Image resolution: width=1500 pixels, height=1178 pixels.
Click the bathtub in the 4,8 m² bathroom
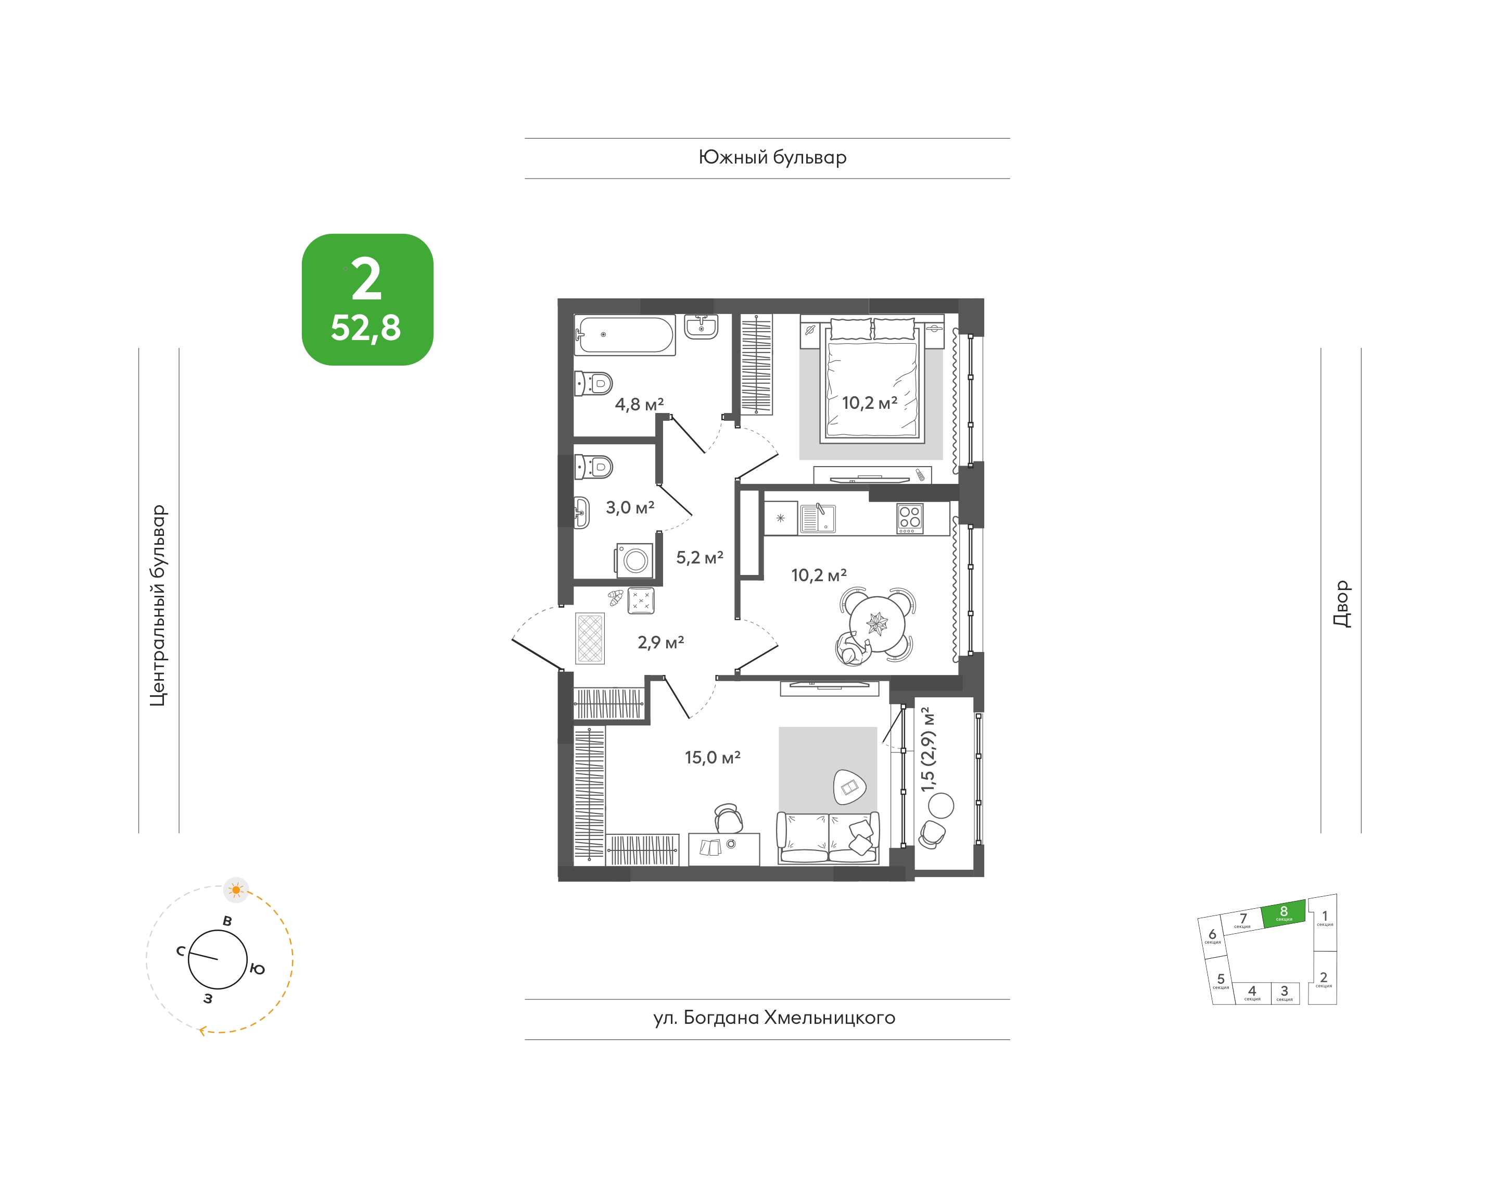(625, 335)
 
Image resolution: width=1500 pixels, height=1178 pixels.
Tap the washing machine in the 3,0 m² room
(633, 560)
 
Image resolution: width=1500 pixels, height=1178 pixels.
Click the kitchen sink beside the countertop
(818, 519)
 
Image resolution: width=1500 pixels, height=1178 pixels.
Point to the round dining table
(877, 623)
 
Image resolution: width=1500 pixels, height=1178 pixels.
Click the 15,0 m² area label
(713, 757)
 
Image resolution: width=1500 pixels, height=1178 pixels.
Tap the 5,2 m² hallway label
(700, 557)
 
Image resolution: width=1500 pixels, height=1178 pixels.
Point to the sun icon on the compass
(236, 891)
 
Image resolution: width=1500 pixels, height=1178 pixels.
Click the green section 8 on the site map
(1283, 914)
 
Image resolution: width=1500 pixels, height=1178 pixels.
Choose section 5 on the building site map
(1221, 981)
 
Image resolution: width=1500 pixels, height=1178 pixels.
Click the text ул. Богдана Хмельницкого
(774, 1018)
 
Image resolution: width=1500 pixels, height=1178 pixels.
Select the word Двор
(1341, 604)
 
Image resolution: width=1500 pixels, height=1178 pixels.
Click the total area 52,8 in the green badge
(365, 328)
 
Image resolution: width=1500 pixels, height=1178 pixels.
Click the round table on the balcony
(941, 805)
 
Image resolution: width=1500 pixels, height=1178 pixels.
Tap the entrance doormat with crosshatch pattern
(590, 638)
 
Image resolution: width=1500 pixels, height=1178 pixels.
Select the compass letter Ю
(257, 969)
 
